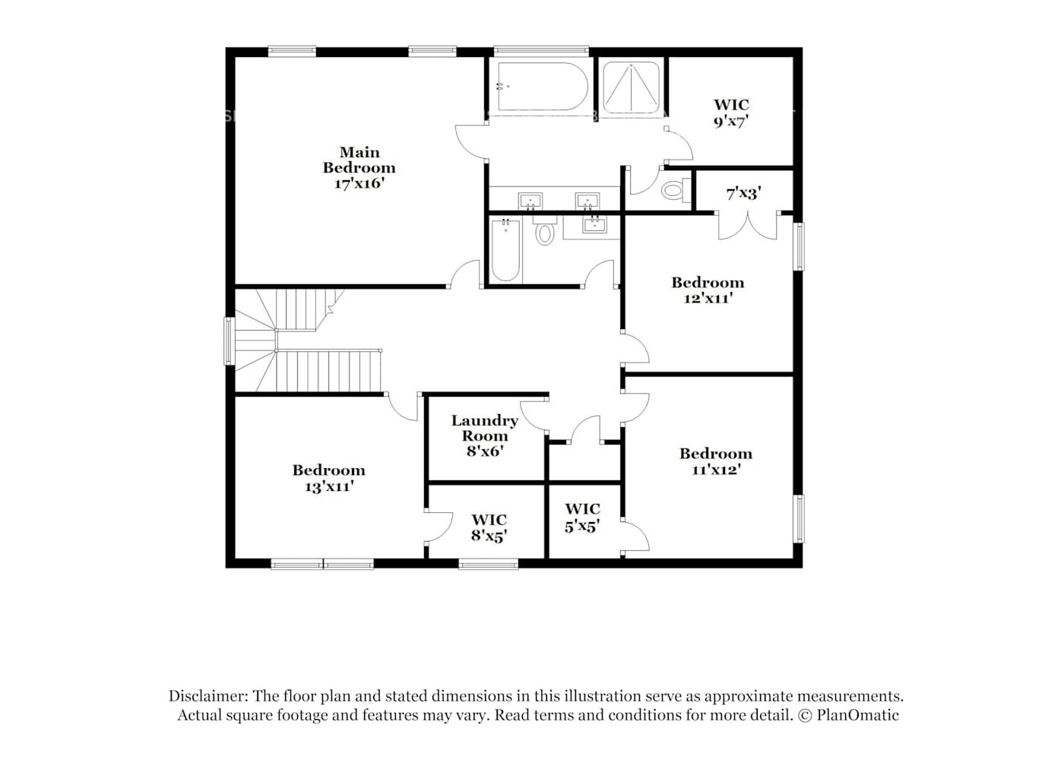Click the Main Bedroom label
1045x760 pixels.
tap(359, 160)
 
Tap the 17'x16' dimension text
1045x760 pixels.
tap(359, 184)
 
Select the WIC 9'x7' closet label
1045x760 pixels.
tap(731, 112)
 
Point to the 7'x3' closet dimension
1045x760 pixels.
tap(743, 194)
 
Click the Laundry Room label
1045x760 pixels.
tap(485, 428)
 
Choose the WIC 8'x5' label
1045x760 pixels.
tap(489, 527)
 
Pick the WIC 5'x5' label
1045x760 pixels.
tap(582, 517)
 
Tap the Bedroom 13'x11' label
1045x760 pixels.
tap(329, 478)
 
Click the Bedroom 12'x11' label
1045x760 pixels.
tap(708, 290)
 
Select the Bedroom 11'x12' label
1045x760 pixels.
tap(716, 461)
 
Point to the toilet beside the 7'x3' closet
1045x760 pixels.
tap(674, 188)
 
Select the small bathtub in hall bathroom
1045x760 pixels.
tap(505, 251)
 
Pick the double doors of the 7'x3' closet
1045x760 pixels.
tap(747, 226)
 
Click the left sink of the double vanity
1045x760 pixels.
tap(530, 201)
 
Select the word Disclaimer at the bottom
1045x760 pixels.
tap(207, 696)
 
